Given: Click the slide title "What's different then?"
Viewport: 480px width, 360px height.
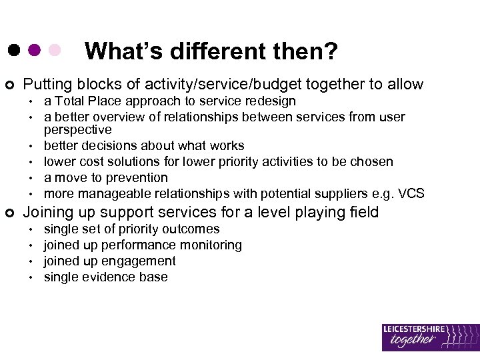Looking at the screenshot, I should coord(211,51).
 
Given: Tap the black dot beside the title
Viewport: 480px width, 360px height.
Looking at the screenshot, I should coord(13,50).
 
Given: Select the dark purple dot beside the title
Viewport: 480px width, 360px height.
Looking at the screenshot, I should coord(34,50).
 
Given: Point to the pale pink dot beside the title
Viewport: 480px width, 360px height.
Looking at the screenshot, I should coord(55,50).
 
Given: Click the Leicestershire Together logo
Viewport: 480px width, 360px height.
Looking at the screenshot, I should coord(430,337).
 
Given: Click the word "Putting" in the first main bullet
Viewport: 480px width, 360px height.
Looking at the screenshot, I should coord(47,84).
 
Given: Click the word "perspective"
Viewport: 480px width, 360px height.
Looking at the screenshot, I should coord(77,129).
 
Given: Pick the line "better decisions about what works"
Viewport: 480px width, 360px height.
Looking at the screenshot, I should coord(144,145).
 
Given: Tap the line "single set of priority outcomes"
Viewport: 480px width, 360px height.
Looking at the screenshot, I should coord(131,229).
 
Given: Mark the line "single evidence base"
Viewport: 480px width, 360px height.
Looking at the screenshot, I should coord(105,277).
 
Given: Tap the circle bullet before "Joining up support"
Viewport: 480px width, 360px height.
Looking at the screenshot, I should coord(9,213).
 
